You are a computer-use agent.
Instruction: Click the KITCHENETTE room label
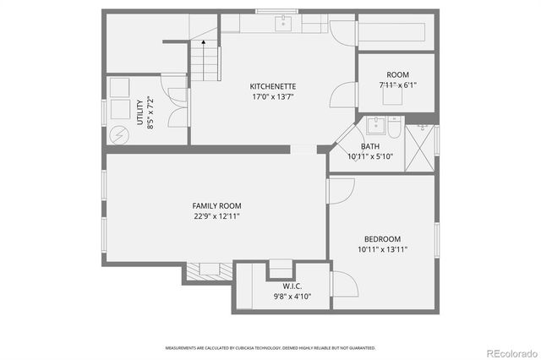click(x=272, y=86)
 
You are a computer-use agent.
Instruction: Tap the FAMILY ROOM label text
click(x=216, y=205)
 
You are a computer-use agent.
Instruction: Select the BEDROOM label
click(x=382, y=238)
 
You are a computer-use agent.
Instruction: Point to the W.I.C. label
click(x=292, y=286)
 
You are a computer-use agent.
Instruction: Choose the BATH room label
click(x=369, y=146)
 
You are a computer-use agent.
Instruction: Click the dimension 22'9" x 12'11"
click(x=216, y=215)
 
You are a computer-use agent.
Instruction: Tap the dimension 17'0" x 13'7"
click(x=272, y=96)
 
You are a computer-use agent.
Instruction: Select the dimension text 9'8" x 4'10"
click(x=292, y=297)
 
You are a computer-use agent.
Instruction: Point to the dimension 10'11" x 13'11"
click(x=382, y=248)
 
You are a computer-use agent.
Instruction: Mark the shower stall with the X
click(x=423, y=148)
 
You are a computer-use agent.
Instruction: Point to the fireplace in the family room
click(x=208, y=270)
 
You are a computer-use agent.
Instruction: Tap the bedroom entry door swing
click(x=336, y=191)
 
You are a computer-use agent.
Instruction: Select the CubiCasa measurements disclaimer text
click(x=270, y=347)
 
